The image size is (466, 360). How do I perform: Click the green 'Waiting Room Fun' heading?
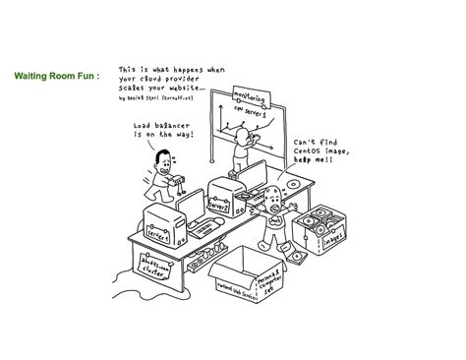pyautogui.click(x=57, y=74)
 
